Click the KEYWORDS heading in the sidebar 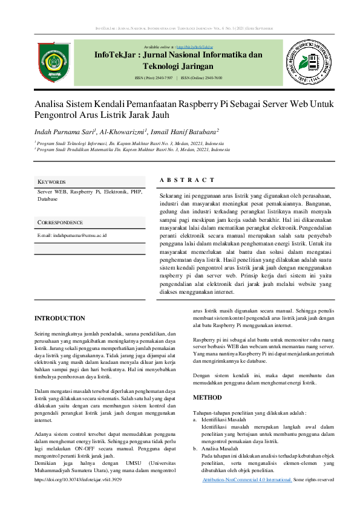(51, 182)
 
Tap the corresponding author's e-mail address (72, 235)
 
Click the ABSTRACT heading (187, 180)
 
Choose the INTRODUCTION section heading (60, 318)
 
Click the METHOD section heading (208, 398)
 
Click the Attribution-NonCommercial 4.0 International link (246, 479)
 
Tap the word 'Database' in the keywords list (48, 198)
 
